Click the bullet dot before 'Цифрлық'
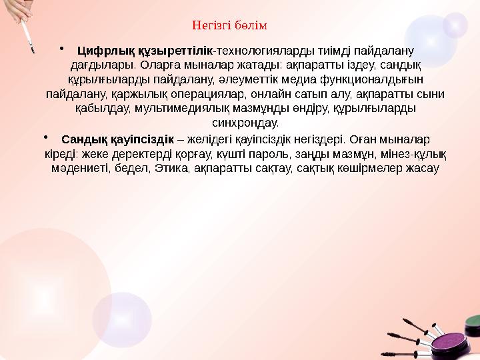click(x=61, y=47)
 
